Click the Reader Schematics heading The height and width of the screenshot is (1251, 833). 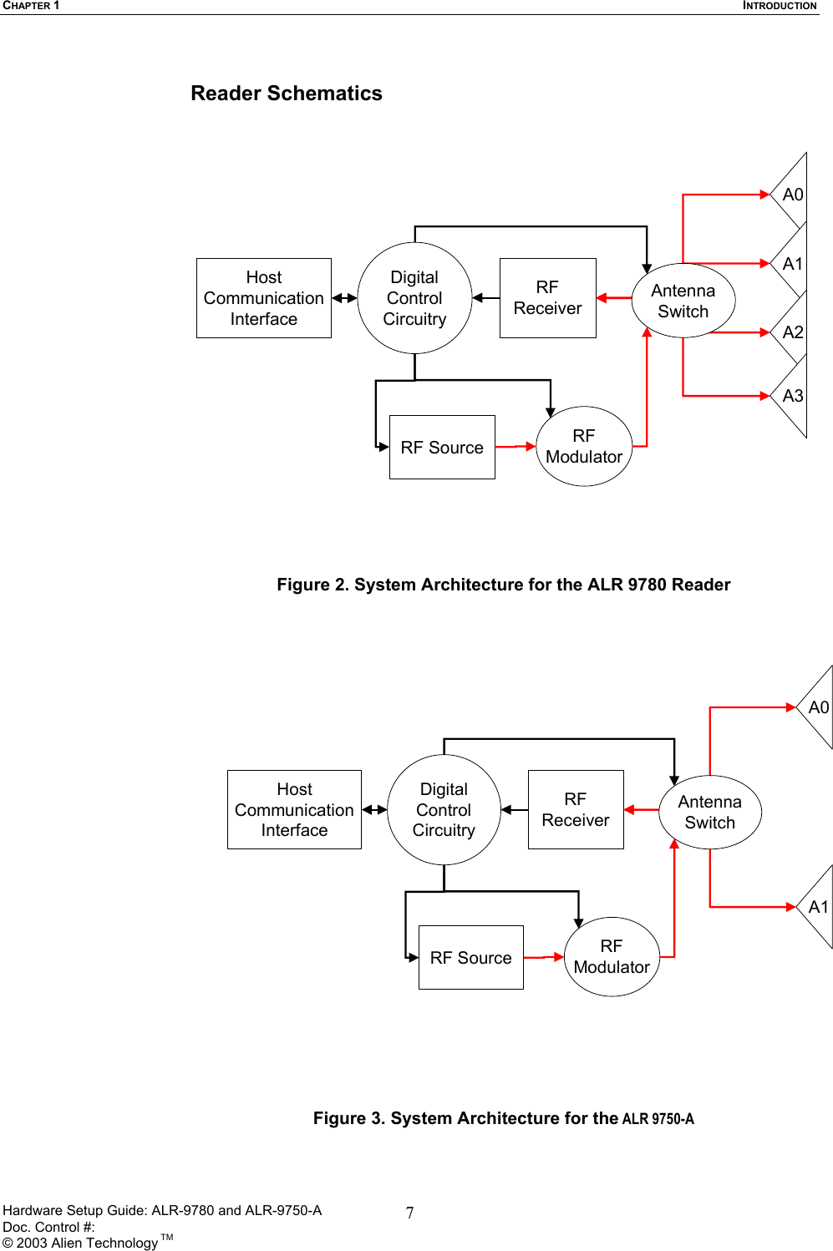pyautogui.click(x=286, y=94)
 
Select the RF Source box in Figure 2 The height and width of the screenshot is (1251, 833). pyautogui.click(x=442, y=448)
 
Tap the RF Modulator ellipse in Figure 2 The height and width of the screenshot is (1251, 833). pyautogui.click(x=584, y=447)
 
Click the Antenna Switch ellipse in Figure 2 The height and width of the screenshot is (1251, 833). pyautogui.click(x=683, y=301)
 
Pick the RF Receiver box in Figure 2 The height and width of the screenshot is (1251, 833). pyautogui.click(x=547, y=298)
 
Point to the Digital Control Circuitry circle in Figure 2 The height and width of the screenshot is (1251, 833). pyautogui.click(x=414, y=298)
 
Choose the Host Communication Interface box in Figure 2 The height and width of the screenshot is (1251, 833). pyautogui.click(x=264, y=298)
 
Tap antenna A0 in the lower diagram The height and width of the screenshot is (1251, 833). pyautogui.click(x=817, y=707)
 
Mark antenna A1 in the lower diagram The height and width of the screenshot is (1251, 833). pyautogui.click(x=817, y=907)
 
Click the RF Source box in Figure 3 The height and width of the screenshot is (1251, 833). pyautogui.click(x=470, y=958)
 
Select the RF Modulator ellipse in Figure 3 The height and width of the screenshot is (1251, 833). pyautogui.click(x=612, y=957)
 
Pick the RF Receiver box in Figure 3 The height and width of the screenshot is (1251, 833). pyautogui.click(x=576, y=810)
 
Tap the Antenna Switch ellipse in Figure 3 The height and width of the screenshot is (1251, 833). pyautogui.click(x=709, y=813)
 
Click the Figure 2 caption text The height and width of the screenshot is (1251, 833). pyautogui.click(x=503, y=585)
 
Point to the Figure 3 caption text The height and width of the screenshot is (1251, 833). pyautogui.click(x=503, y=1118)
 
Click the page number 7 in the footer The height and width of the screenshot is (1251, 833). pyautogui.click(x=409, y=1213)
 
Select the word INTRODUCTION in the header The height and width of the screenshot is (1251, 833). pyautogui.click(x=780, y=6)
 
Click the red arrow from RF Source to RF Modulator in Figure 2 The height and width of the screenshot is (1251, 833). pyautogui.click(x=516, y=447)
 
